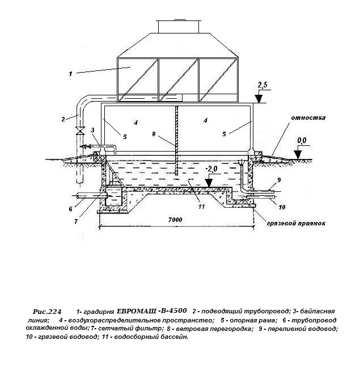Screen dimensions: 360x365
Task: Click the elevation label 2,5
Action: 262,85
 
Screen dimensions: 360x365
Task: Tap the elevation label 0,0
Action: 302,140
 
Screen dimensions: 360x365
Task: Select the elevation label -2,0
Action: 211,169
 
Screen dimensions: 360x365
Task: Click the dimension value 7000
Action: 175,220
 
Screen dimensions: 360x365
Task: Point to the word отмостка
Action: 308,118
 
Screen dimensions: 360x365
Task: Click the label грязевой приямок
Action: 295,224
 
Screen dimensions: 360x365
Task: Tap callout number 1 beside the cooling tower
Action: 70,74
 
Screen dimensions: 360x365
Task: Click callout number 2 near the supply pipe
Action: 63,119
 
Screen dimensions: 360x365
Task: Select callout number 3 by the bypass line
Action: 92,130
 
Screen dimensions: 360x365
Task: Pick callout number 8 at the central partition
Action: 154,134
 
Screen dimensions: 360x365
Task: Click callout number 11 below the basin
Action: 201,207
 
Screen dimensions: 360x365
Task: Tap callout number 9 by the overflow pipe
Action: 279,180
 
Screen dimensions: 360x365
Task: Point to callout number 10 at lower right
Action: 282,207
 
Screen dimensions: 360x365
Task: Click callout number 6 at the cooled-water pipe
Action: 71,209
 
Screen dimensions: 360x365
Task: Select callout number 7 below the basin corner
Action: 76,221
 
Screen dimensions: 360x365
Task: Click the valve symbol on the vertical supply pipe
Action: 81,130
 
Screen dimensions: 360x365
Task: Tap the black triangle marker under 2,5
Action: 259,99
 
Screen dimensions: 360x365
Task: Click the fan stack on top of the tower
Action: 179,26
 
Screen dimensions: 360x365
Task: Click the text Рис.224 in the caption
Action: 47,312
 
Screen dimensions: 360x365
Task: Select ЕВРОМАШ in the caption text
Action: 135,311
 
